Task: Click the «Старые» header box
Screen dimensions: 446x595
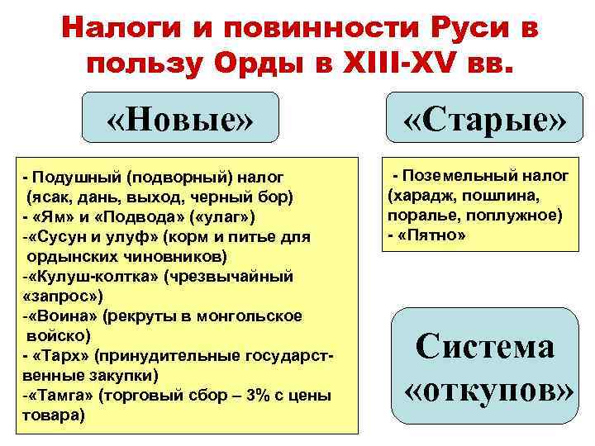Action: point(484,122)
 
